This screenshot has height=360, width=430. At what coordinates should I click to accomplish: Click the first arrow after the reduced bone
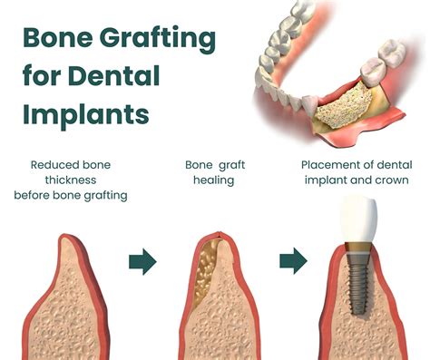[142, 263]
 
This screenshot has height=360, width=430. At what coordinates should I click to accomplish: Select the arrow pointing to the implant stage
[291, 263]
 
